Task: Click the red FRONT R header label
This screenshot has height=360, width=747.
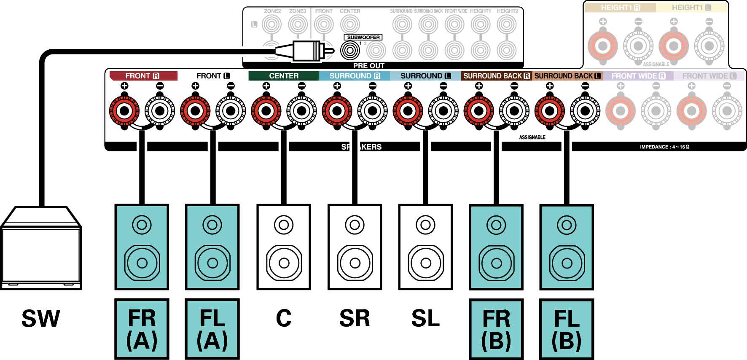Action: (x=143, y=76)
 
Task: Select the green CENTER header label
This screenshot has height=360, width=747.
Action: (x=284, y=76)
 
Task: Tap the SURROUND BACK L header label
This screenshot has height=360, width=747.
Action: (x=567, y=76)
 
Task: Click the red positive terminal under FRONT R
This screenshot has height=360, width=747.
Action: (x=124, y=111)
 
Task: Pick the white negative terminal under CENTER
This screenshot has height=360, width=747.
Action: (x=301, y=111)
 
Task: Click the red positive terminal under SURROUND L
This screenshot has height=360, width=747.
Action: (x=408, y=111)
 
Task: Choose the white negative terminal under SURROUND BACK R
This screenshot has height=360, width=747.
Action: (x=514, y=111)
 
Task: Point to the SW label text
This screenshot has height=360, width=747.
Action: (x=41, y=318)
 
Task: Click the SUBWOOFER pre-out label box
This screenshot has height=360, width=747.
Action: (x=363, y=38)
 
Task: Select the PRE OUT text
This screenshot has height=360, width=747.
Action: (x=368, y=66)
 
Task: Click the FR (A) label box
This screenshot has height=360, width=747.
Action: (x=142, y=329)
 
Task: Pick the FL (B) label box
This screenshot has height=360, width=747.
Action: (x=567, y=329)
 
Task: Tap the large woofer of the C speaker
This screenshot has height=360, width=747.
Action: (x=284, y=263)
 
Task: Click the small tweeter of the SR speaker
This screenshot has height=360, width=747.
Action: (x=355, y=225)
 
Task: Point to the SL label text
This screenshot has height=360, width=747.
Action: (x=425, y=318)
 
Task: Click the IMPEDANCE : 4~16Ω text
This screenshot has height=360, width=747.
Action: (x=664, y=147)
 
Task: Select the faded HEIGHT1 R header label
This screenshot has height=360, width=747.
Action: (x=620, y=8)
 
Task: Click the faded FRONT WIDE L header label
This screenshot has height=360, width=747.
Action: (x=709, y=76)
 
